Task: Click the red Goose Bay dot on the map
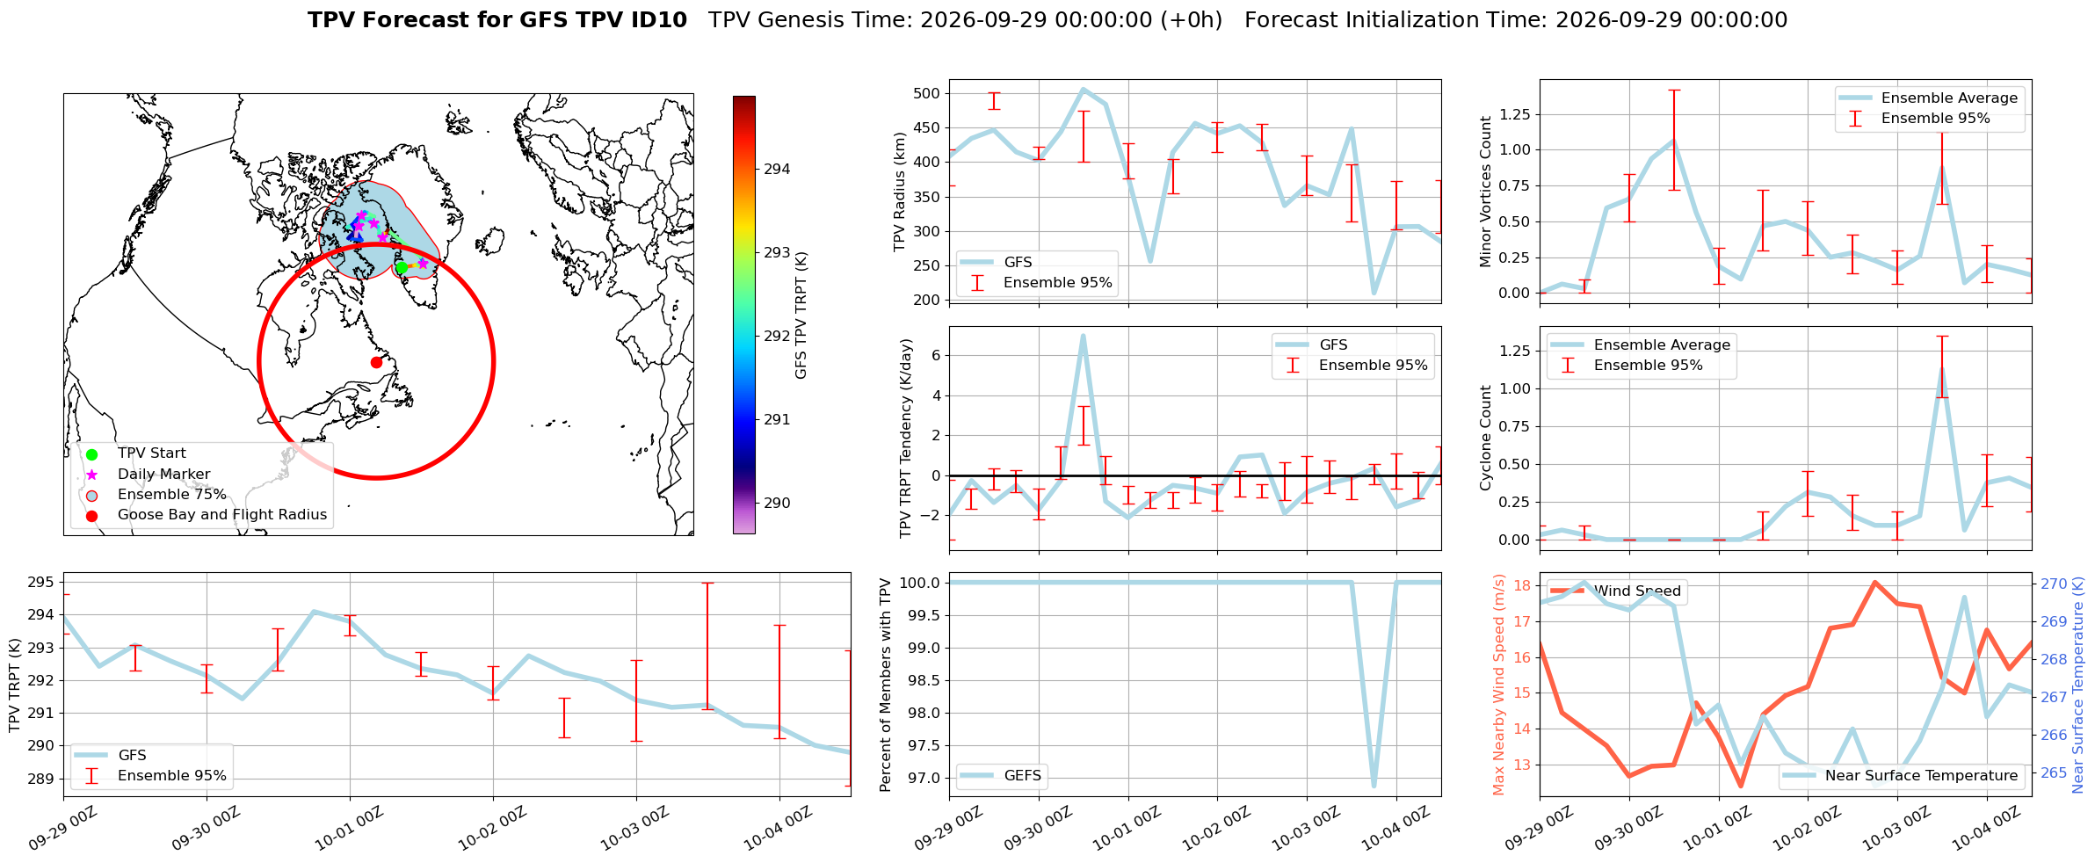point(376,362)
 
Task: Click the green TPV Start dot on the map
point(402,267)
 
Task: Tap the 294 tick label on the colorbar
point(777,169)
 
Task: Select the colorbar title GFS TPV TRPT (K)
point(801,315)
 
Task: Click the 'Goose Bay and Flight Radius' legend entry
point(222,515)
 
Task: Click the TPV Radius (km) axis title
point(899,192)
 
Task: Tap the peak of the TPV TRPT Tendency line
point(1083,335)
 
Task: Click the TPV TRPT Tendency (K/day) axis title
point(906,439)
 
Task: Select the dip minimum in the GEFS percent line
point(1374,786)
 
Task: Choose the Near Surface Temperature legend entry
point(1902,775)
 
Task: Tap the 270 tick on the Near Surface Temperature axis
point(2054,584)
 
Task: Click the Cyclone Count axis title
point(1486,438)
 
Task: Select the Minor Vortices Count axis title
point(1486,192)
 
